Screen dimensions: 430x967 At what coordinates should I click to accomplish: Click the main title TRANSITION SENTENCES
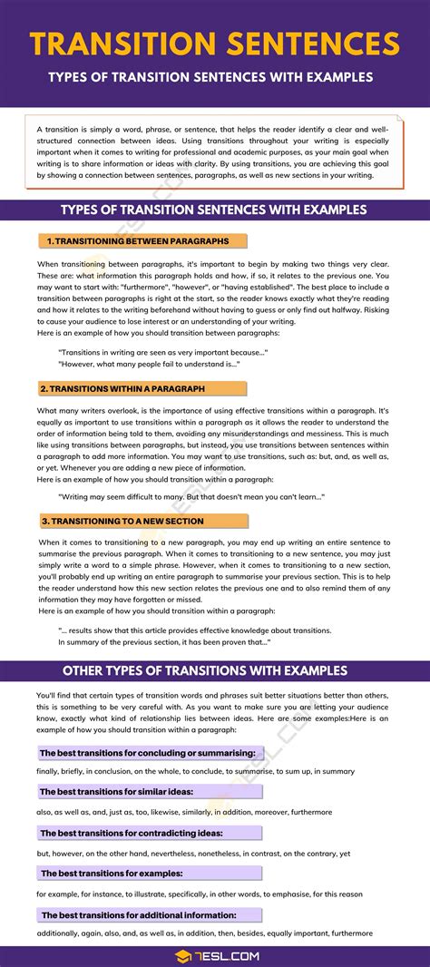(214, 44)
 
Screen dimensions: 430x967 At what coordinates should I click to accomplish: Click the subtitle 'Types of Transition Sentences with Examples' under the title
(214, 77)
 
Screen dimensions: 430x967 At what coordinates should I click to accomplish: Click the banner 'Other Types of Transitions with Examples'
(214, 671)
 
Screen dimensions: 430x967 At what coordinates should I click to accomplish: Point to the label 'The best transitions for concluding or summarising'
(151, 753)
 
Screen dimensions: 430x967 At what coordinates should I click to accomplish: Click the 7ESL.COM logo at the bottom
(214, 955)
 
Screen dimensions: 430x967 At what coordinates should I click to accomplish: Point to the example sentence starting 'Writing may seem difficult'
(191, 497)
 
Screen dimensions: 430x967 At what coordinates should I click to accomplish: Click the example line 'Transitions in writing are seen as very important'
(162, 351)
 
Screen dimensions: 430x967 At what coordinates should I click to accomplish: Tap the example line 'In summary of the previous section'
(163, 642)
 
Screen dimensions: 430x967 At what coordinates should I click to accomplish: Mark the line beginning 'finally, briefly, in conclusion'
(195, 772)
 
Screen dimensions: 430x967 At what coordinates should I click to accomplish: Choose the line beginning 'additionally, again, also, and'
(204, 933)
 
